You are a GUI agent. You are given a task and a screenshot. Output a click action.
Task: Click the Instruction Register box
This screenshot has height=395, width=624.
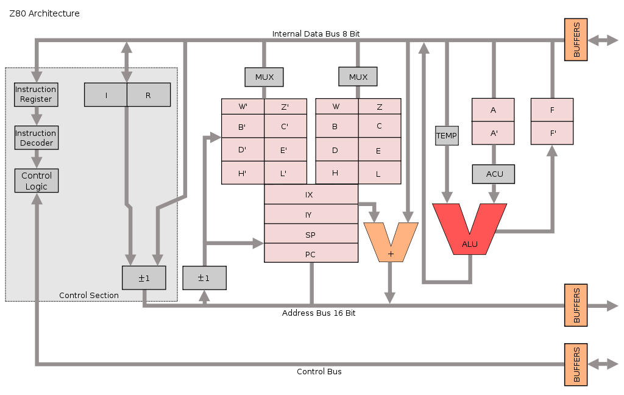36,94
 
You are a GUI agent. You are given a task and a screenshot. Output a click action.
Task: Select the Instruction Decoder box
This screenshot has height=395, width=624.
36,138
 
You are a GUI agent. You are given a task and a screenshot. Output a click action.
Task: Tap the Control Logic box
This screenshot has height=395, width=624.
36,180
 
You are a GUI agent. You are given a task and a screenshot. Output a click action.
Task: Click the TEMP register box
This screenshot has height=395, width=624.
446,135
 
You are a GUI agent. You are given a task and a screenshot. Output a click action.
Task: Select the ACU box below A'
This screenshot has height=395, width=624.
494,174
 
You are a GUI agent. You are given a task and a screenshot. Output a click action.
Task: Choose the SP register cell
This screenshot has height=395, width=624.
311,235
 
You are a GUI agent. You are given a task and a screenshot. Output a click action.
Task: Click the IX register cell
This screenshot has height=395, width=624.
311,194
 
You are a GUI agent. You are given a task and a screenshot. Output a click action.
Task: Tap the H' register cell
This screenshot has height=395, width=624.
243,173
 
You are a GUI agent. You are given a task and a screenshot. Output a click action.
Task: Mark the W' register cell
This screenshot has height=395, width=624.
243,107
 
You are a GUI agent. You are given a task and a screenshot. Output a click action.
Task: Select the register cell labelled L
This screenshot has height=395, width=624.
379,174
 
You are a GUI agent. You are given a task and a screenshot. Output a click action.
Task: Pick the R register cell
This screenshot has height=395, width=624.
148,95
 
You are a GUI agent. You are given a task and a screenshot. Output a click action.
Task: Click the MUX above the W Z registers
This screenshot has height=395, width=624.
358,77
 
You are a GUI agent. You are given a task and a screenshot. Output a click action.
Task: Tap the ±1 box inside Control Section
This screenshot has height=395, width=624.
144,278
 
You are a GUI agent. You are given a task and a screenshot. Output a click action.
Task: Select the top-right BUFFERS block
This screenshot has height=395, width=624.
576,40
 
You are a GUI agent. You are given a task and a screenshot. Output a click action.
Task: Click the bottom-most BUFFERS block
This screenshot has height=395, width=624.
576,365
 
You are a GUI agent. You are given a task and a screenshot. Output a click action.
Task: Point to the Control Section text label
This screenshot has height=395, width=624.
89,296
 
